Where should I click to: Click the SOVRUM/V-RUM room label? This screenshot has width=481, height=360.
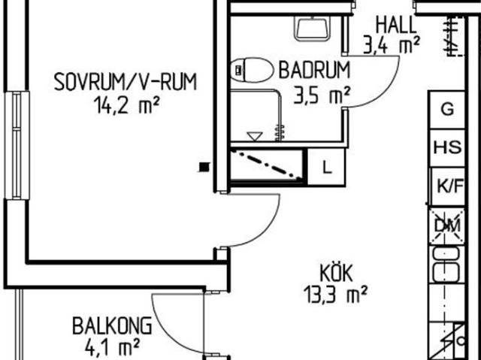click(x=126, y=82)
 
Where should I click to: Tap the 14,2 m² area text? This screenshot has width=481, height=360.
click(x=127, y=105)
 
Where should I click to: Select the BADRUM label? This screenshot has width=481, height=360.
click(x=314, y=70)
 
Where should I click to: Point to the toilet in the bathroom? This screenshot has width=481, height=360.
click(x=252, y=70)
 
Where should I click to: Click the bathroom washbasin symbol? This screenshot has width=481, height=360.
click(x=313, y=29)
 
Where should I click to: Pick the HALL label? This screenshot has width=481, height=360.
click(x=396, y=25)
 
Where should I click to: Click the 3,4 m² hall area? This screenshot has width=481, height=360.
click(x=391, y=45)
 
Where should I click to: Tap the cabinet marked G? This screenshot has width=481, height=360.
click(x=447, y=110)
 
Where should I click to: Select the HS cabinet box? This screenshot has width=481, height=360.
click(x=447, y=148)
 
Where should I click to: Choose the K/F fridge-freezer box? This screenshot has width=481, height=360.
click(x=448, y=186)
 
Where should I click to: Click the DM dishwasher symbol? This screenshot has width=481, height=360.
click(x=447, y=226)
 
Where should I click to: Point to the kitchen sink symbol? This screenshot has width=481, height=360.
click(x=446, y=265)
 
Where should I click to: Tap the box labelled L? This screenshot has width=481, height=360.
click(x=326, y=167)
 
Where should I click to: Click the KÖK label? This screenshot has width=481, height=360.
click(x=336, y=273)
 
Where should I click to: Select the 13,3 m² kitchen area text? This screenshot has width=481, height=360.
click(x=335, y=295)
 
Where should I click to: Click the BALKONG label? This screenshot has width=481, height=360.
click(x=112, y=325)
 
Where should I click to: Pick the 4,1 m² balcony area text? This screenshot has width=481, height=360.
click(x=112, y=346)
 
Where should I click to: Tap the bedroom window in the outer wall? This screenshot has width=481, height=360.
click(x=17, y=145)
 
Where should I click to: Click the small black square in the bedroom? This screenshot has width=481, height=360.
click(x=204, y=167)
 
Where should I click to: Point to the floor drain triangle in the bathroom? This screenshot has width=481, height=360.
click(x=255, y=137)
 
